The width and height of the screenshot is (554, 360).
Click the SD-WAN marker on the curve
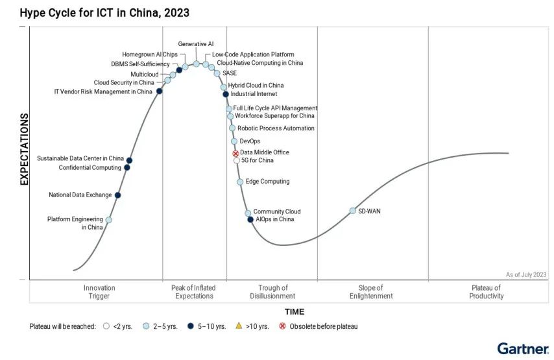coord(353,211)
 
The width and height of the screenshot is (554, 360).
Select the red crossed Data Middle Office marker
coord(236,153)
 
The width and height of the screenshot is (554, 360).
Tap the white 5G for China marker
coord(237,160)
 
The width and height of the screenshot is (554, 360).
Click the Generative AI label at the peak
coord(196,43)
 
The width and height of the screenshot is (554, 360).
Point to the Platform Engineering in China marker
coord(108,220)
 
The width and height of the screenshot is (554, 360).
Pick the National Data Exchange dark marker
coord(117,195)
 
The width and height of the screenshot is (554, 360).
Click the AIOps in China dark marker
coord(250,219)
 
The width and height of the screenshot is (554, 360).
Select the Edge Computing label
coord(267,182)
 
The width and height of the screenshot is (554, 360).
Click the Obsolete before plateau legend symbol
coord(282,326)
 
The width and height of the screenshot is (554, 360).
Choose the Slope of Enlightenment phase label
coord(376,292)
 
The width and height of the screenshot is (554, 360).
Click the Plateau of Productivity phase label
coord(486,292)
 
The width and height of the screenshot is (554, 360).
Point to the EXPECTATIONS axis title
coord(25,149)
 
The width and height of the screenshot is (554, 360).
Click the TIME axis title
coord(295,311)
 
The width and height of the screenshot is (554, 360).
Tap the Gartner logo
coord(522,348)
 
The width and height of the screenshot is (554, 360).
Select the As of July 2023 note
coord(526,274)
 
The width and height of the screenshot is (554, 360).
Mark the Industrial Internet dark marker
coord(226,94)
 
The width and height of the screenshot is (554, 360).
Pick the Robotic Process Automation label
coord(276,128)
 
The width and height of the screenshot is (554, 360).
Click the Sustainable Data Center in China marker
coord(130,160)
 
